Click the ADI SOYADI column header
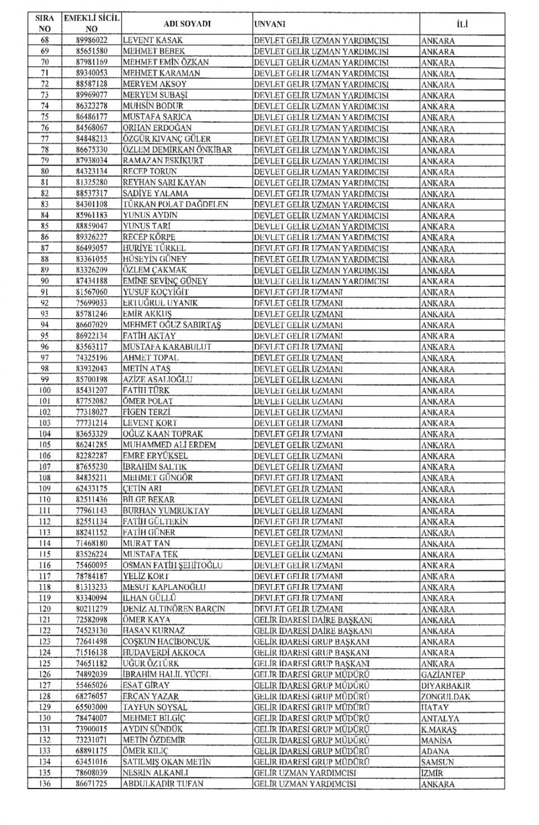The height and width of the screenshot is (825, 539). (x=187, y=24)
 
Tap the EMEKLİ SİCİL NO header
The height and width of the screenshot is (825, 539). (x=92, y=24)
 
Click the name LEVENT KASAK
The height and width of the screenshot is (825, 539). (x=153, y=40)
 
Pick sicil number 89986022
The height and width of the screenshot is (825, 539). (x=92, y=40)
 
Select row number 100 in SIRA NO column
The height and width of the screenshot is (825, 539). (x=45, y=390)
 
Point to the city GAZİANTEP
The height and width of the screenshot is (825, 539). (x=442, y=675)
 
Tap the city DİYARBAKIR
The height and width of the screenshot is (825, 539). (x=446, y=685)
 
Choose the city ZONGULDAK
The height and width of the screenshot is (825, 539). (x=445, y=696)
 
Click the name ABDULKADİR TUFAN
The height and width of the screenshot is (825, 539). (x=163, y=783)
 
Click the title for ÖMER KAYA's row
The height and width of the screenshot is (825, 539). (x=313, y=620)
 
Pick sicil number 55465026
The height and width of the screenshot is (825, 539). (x=92, y=685)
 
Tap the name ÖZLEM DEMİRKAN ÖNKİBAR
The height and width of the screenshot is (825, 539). (x=177, y=150)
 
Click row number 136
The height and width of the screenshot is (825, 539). (x=45, y=783)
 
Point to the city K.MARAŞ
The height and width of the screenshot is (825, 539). (x=438, y=729)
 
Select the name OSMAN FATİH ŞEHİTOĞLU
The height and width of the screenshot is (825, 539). (x=172, y=565)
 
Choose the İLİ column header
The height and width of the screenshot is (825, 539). (x=462, y=24)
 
